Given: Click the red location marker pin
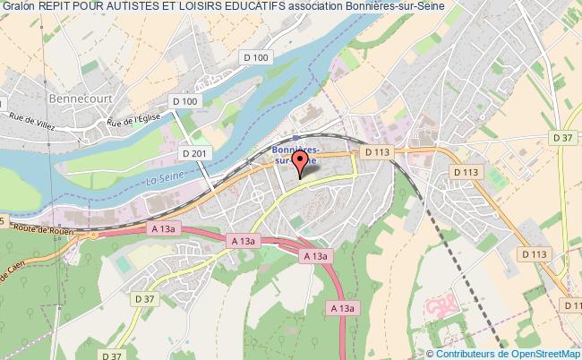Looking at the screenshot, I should coord(301,162).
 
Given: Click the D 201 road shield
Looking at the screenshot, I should coord(193,153).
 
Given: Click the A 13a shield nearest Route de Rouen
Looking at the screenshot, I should coord(160,229).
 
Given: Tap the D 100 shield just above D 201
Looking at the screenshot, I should coord(184,101).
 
